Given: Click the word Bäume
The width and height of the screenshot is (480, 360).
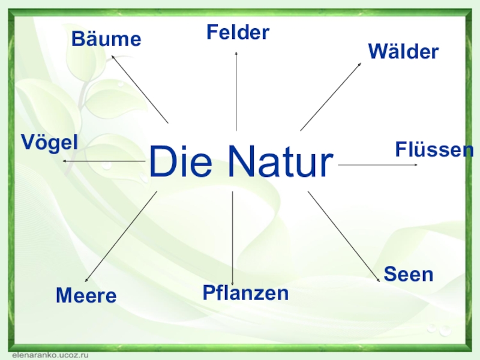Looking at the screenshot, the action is tap(106, 40).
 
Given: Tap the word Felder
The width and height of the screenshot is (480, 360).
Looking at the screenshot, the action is tap(238, 32).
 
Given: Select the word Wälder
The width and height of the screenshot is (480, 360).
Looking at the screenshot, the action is tap(403, 52).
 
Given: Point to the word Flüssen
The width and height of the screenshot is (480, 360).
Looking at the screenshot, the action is tap(434, 149).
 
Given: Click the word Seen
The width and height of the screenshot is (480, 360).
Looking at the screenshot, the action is tap(408, 274).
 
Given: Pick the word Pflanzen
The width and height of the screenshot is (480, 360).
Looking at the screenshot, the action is tap(245, 293).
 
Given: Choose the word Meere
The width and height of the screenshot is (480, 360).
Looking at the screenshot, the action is tap(86, 295).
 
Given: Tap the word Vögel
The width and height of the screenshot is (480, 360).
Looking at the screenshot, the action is tap(50, 142).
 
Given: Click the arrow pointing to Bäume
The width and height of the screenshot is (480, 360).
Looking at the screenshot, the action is tap(140, 89).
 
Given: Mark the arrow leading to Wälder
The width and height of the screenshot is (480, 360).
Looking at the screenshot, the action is tap(331, 97).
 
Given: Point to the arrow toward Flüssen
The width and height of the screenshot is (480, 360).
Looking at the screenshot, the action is tap(378, 164).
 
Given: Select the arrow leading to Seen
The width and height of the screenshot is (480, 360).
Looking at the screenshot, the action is tap(344, 236).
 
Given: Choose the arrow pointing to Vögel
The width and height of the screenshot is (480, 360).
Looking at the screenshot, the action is tap(103, 161).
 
